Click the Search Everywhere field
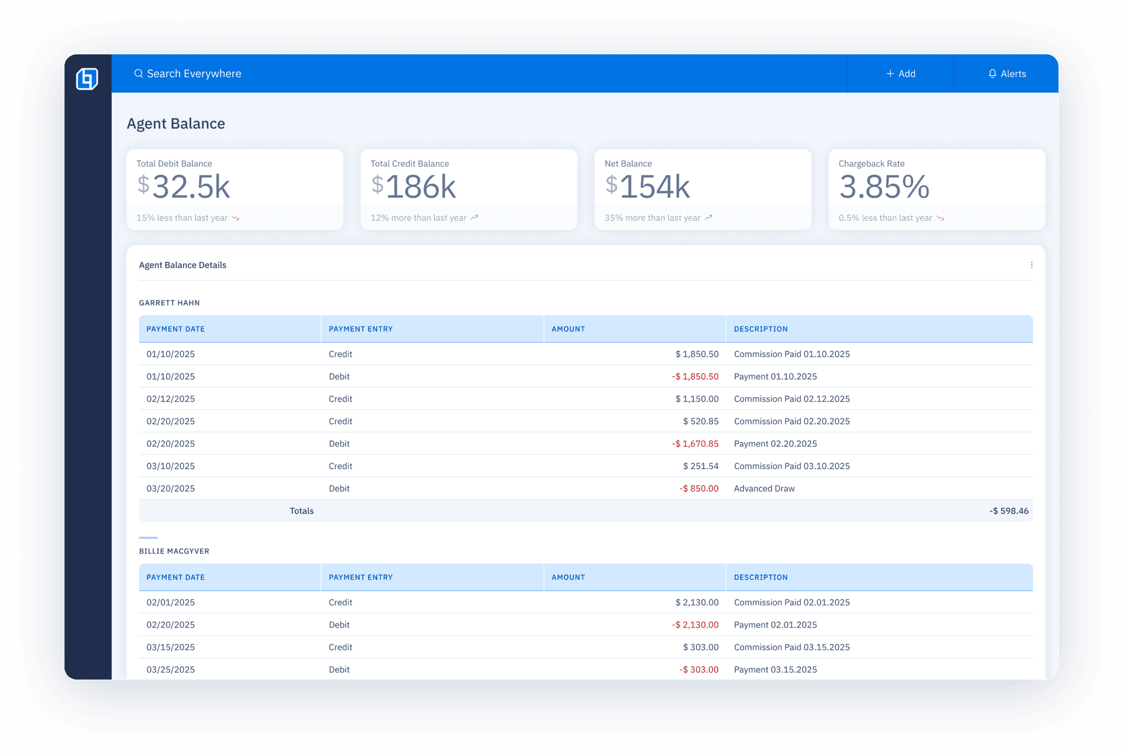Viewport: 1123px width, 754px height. (x=194, y=74)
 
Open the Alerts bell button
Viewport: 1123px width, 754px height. (x=1007, y=74)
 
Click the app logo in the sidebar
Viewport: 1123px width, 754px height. (x=87, y=78)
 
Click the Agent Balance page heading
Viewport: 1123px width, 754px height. (x=175, y=123)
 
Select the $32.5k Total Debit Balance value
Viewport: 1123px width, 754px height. (x=184, y=187)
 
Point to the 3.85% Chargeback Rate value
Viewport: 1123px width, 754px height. (x=884, y=187)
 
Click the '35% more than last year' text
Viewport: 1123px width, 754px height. (x=652, y=218)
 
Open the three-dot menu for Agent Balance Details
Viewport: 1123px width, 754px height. (x=1031, y=265)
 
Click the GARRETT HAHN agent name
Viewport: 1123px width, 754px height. (x=169, y=303)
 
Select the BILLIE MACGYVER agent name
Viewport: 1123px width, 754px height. (x=174, y=551)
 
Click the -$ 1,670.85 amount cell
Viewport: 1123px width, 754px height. (x=695, y=443)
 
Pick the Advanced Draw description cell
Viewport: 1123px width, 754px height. (x=764, y=488)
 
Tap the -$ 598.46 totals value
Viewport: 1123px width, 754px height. (x=1008, y=511)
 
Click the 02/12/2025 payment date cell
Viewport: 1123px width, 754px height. (x=170, y=399)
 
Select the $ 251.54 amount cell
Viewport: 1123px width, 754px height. (x=700, y=466)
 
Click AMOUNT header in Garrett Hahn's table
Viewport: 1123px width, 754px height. (x=568, y=329)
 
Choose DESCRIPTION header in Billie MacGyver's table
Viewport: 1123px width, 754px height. (x=760, y=577)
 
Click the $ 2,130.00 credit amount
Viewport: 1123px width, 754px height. (x=697, y=602)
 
